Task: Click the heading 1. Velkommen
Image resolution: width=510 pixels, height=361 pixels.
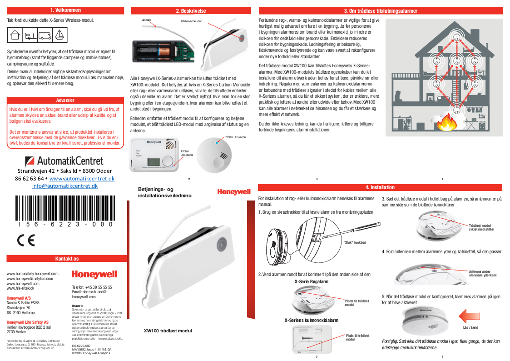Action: tap(66, 10)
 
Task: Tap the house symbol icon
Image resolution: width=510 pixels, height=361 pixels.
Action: tap(15, 34)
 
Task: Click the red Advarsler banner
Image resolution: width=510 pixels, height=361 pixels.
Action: tap(66, 100)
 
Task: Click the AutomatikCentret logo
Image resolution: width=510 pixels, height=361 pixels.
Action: tap(64, 161)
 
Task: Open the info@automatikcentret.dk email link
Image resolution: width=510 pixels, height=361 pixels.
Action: tap(65, 186)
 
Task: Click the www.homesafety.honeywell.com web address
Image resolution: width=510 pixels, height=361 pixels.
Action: tap(32, 274)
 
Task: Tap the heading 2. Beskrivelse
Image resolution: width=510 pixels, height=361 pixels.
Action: tap(191, 11)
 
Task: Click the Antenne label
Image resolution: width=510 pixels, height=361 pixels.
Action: tap(147, 20)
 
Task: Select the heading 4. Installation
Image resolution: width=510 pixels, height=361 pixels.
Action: tap(380, 187)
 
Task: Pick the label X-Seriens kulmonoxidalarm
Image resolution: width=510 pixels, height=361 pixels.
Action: tap(311, 320)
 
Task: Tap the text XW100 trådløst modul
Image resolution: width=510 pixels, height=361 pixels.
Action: tap(168, 331)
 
